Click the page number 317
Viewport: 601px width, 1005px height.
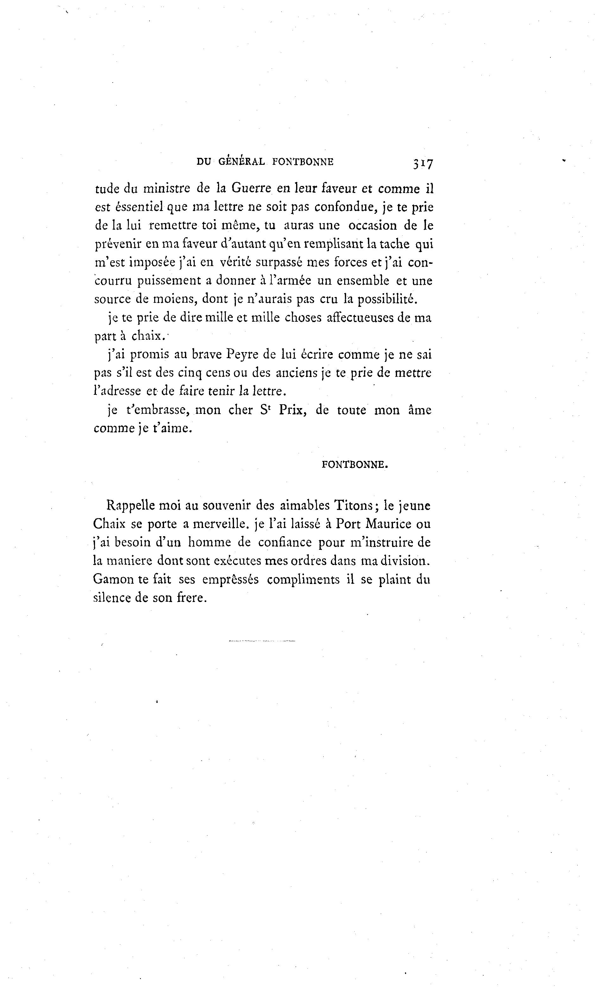423,164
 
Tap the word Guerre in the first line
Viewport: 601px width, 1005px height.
251,189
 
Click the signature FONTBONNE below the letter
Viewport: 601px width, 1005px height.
355,465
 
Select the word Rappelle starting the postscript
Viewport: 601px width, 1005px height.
130,505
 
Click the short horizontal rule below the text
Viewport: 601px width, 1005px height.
262,641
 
